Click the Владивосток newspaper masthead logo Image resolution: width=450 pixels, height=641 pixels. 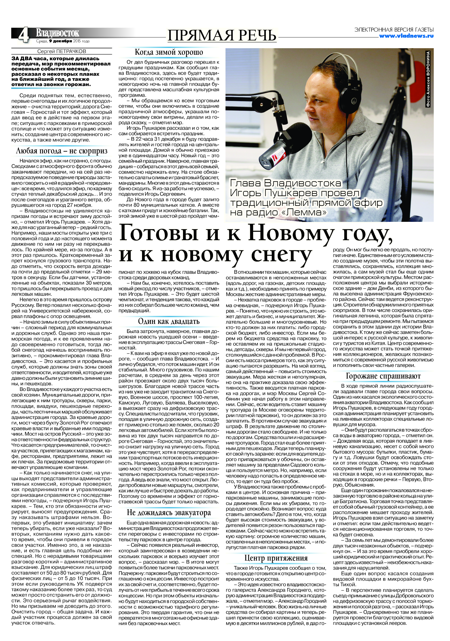tap(57, 33)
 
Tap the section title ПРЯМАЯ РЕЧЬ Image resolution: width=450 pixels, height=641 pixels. tap(222, 36)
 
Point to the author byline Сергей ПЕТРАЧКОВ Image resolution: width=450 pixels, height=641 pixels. tap(62, 51)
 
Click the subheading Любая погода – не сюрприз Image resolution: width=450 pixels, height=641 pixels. tap(62, 151)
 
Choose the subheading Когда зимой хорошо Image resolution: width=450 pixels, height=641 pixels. tap(169, 52)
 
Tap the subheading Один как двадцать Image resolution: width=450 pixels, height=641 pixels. tap(169, 321)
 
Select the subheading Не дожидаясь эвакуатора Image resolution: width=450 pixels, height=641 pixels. tap(169, 513)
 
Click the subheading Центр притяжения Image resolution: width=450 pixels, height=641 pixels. tap(276, 558)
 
